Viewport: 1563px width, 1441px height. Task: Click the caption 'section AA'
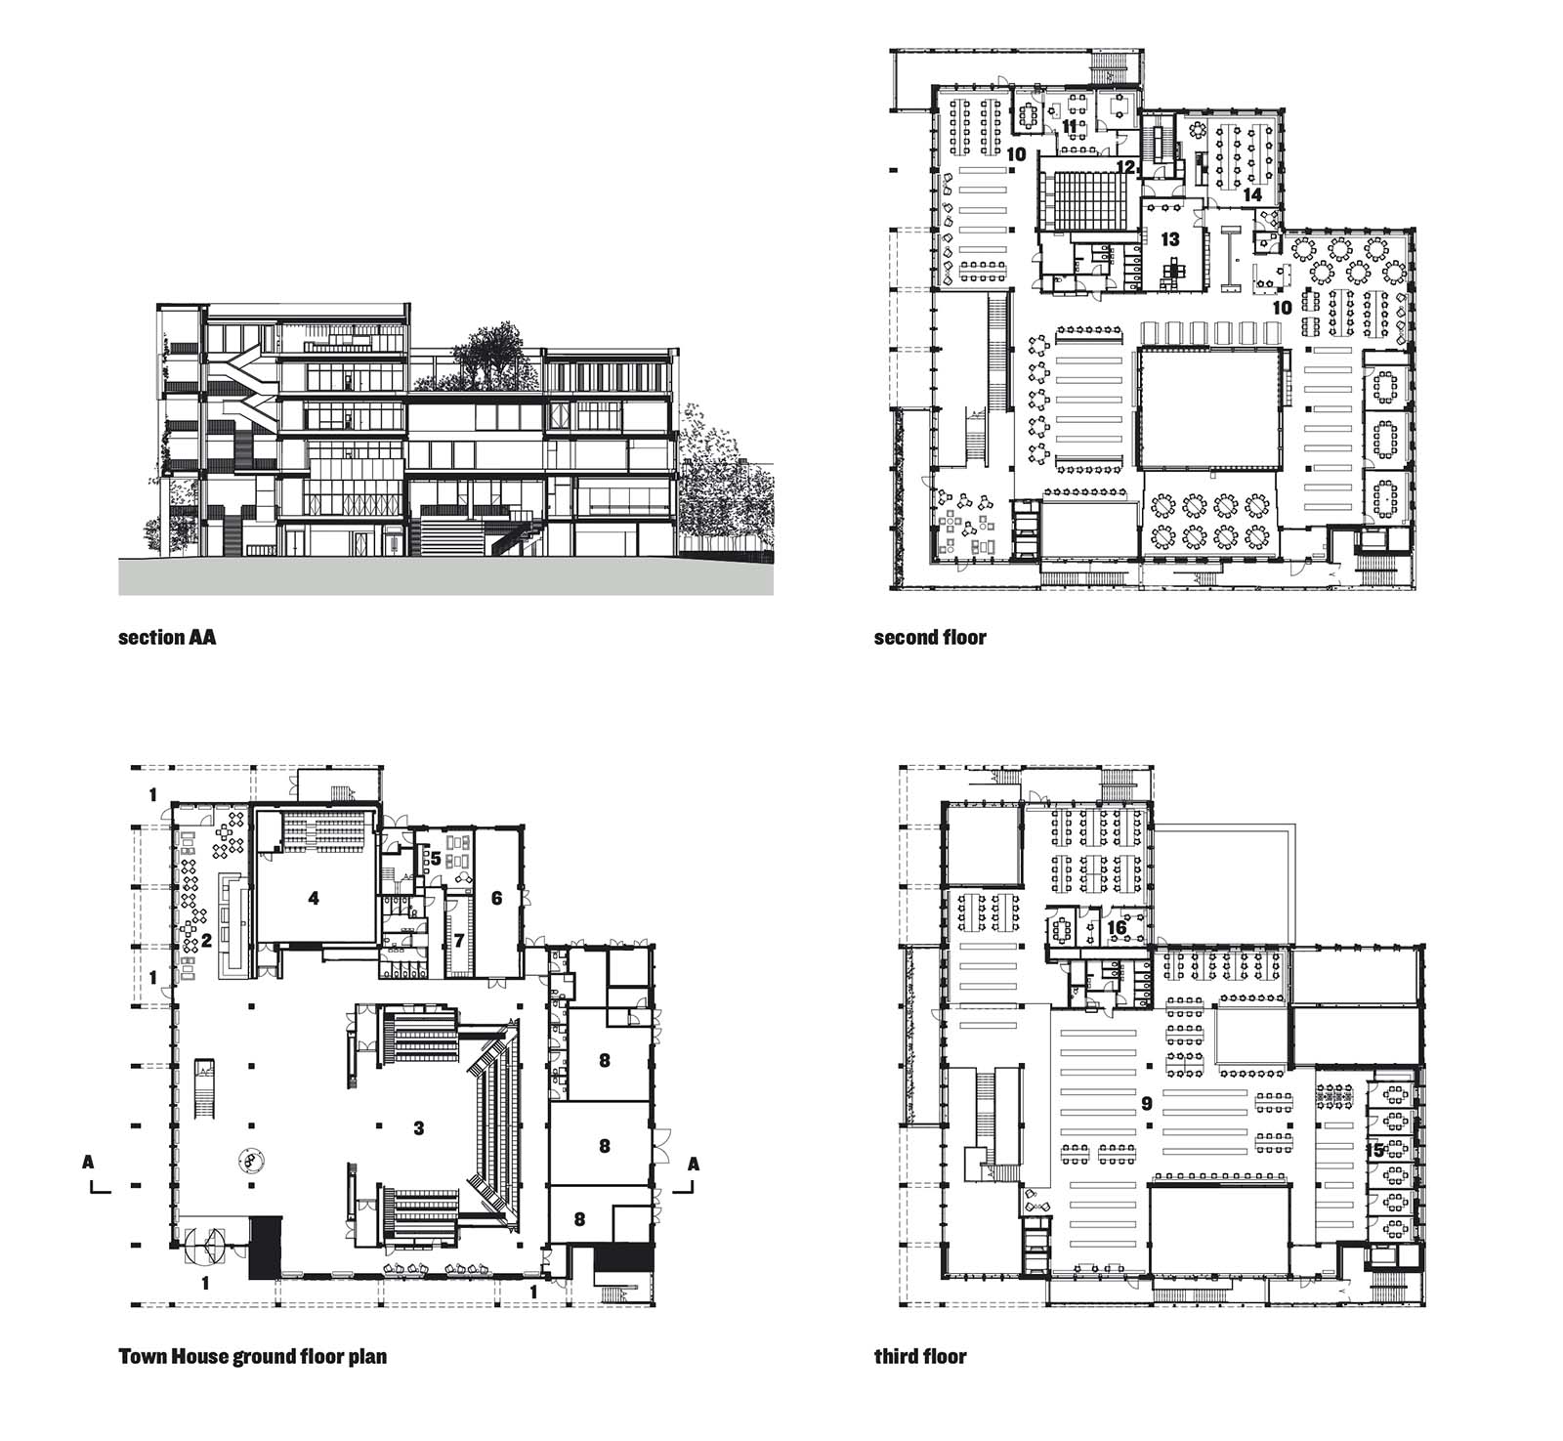click(x=167, y=638)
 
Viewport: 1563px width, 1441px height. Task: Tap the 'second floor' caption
click(x=930, y=638)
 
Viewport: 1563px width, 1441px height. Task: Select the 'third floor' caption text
click(x=920, y=1356)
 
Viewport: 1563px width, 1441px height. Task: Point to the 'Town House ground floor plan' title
click(x=252, y=1356)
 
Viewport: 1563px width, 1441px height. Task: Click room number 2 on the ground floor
click(x=207, y=941)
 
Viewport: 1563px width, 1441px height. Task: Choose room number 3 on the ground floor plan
click(x=418, y=1128)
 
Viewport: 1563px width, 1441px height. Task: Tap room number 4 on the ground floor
click(x=313, y=898)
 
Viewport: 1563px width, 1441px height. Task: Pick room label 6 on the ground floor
click(x=496, y=897)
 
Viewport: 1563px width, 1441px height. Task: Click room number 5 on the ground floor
click(x=436, y=860)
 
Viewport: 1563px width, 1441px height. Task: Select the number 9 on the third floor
click(x=1147, y=1104)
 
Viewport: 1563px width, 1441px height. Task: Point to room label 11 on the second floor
click(x=1070, y=126)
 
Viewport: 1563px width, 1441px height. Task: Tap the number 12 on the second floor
click(x=1124, y=167)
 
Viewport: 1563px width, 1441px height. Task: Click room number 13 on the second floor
click(x=1169, y=238)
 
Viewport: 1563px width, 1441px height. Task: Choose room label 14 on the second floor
click(x=1251, y=194)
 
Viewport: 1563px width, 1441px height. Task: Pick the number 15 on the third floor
click(x=1377, y=1151)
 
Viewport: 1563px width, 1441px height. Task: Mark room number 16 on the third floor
click(x=1117, y=927)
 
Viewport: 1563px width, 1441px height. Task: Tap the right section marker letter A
click(x=694, y=1163)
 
